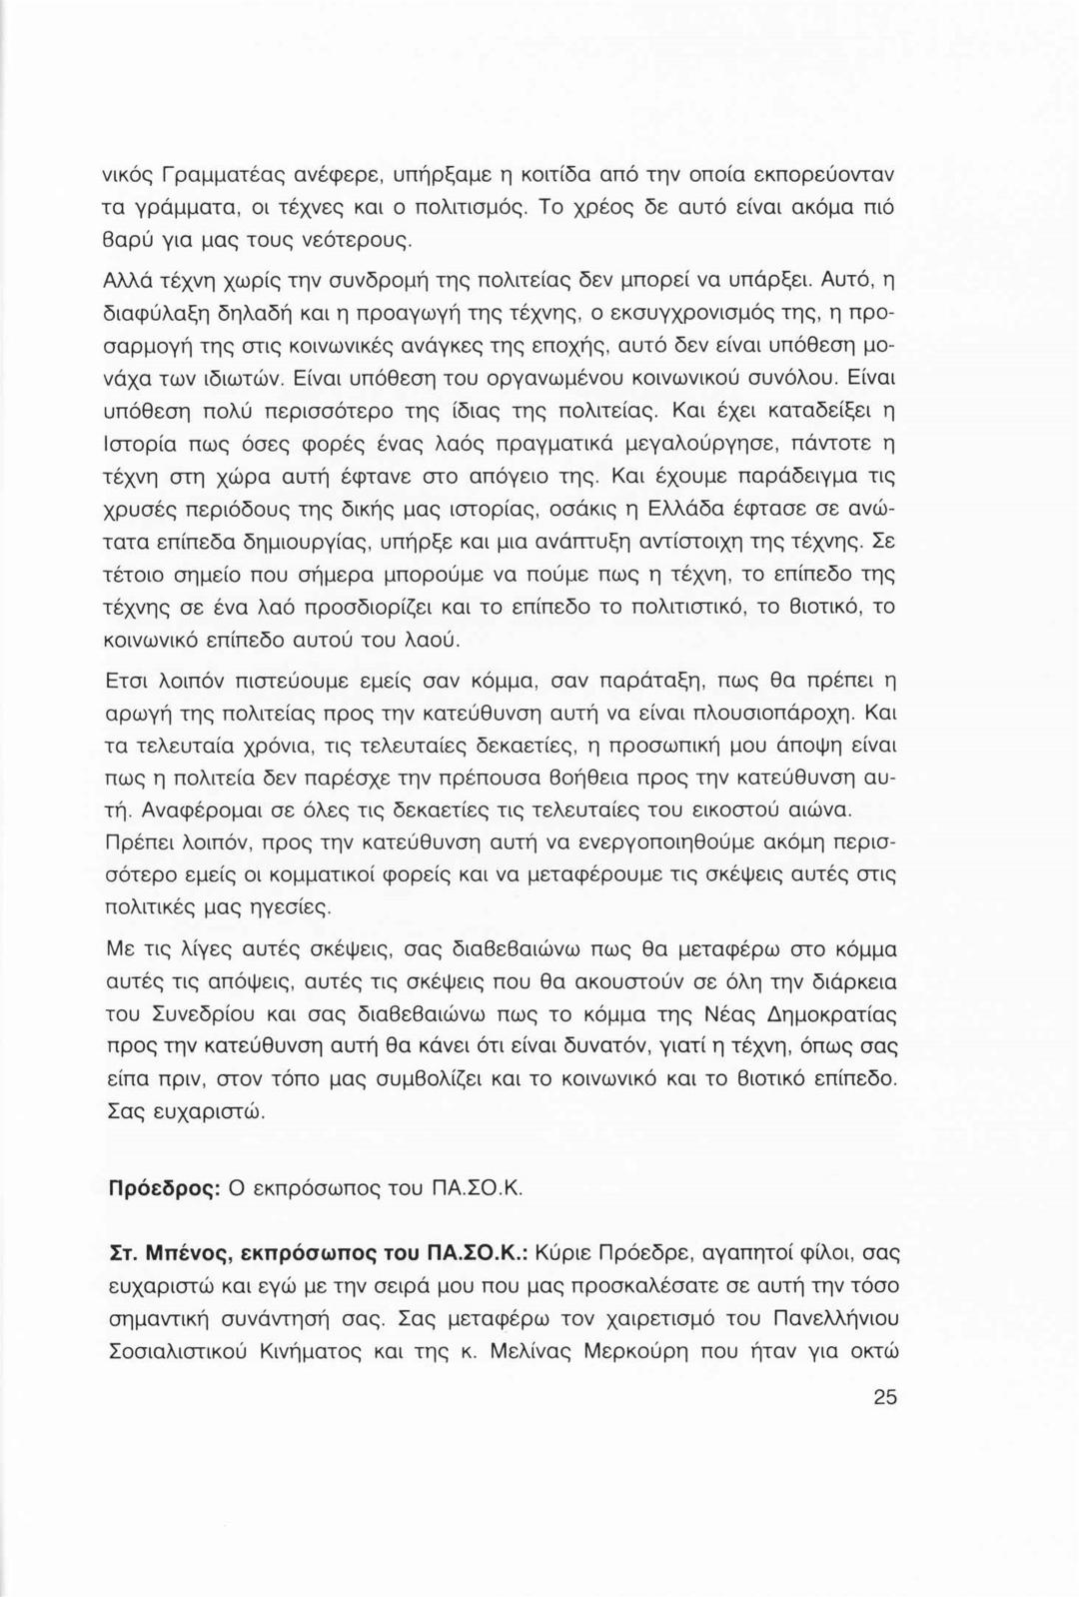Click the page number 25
884,1397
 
